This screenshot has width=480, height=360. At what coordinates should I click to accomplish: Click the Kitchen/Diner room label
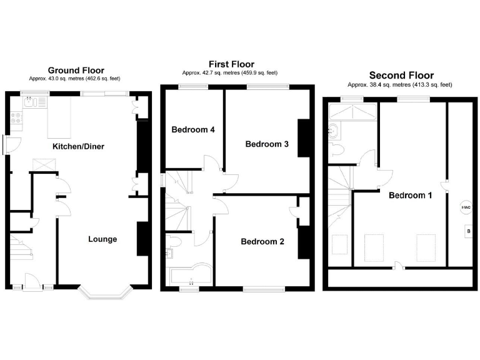tap(77, 147)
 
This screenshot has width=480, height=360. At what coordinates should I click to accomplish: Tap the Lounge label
tap(102, 239)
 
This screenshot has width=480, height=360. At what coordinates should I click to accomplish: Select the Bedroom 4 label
tap(193, 130)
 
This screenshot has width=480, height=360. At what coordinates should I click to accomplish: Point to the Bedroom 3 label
tap(267, 144)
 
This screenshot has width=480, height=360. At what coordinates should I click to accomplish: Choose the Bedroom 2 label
tap(262, 241)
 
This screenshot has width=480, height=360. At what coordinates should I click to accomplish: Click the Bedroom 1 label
tap(411, 195)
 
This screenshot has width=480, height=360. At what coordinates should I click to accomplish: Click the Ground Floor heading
tap(76, 71)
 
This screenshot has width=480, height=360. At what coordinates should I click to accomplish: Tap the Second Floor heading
tap(401, 76)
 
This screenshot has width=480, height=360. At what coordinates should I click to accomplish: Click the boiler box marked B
tap(466, 232)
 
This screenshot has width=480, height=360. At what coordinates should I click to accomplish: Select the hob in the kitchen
tap(16, 118)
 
